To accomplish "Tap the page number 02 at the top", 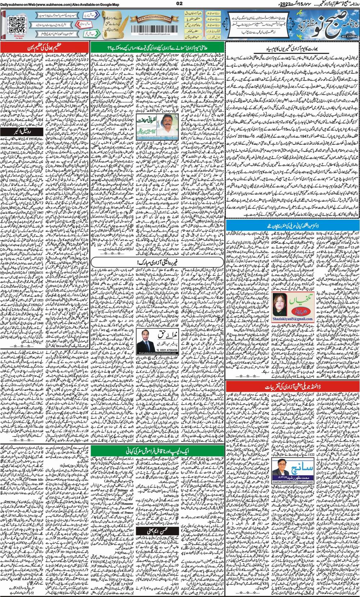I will click(x=180, y=4).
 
